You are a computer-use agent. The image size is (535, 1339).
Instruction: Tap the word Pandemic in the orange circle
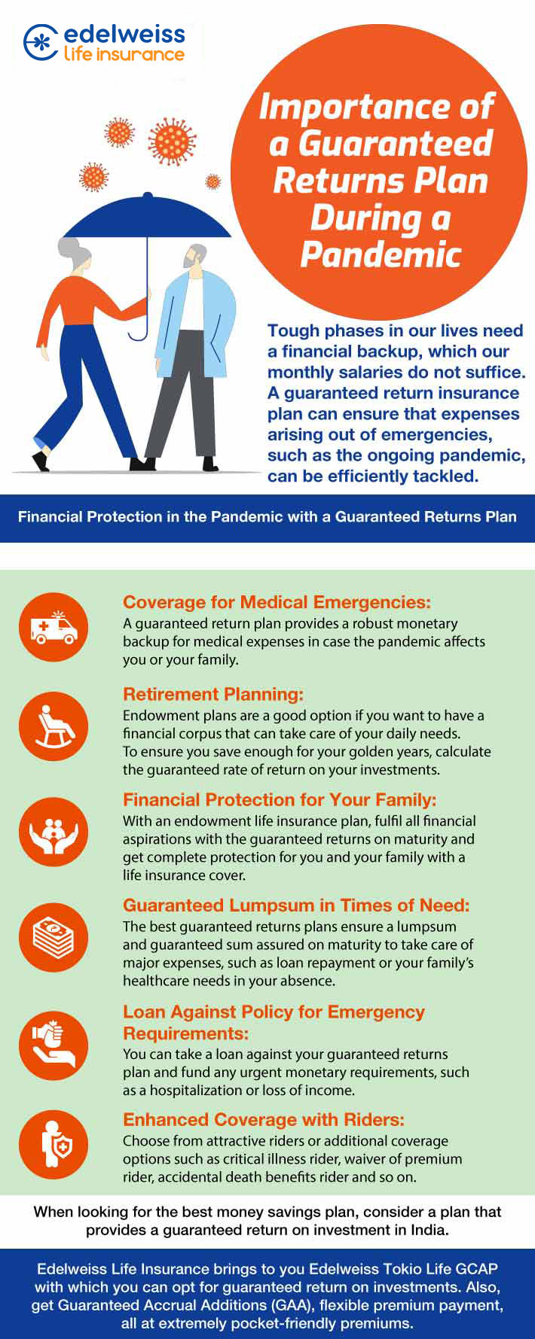[381, 254]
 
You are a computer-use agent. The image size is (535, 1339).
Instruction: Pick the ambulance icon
[53, 627]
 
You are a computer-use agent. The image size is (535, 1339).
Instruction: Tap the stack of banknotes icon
[53, 938]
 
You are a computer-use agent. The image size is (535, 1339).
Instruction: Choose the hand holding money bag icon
[53, 1046]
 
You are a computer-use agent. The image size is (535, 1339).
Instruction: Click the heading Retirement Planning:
[213, 694]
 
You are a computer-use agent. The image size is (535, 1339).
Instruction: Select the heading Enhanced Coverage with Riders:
[264, 1119]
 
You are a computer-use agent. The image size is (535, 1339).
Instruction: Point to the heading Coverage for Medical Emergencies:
[277, 602]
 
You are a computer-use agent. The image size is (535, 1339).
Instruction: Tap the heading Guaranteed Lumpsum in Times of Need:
[296, 905]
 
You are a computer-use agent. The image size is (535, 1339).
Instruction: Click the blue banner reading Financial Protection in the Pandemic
[267, 518]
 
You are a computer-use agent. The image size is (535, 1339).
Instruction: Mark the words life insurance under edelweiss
[124, 54]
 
